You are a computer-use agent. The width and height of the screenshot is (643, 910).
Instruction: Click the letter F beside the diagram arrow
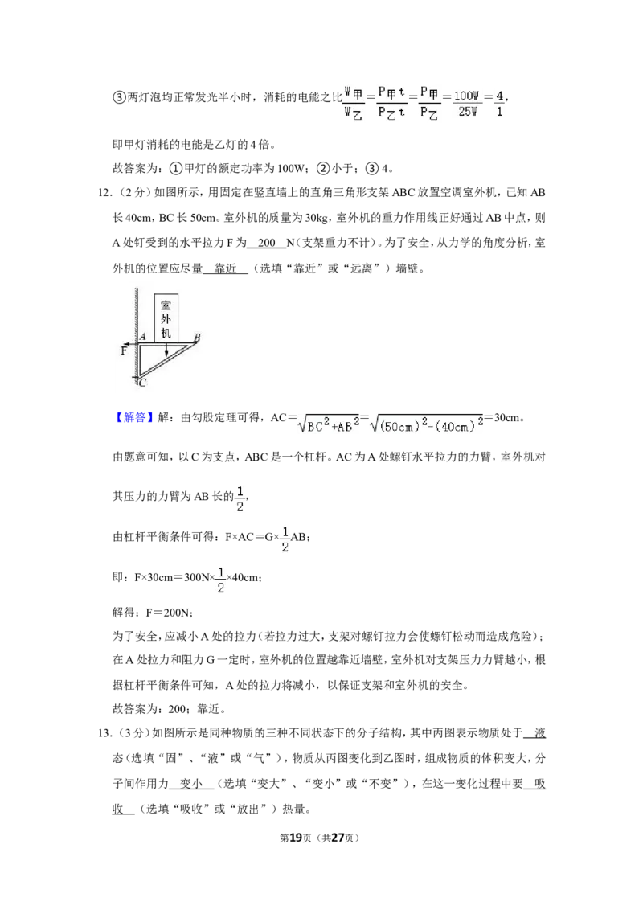(x=124, y=350)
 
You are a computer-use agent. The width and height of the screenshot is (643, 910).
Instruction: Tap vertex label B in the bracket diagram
(x=197, y=338)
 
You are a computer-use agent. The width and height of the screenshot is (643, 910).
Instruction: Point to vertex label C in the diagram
(x=142, y=383)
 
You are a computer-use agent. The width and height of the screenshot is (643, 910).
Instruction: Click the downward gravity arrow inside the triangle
(x=166, y=348)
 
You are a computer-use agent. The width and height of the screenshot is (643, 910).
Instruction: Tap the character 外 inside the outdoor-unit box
(x=166, y=318)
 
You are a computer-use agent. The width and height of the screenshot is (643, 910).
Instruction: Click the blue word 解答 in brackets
(x=134, y=417)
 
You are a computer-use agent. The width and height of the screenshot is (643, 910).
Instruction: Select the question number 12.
(x=104, y=193)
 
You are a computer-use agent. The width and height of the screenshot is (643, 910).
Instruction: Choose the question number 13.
(x=104, y=733)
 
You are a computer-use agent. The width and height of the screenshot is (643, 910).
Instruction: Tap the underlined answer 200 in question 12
(x=266, y=243)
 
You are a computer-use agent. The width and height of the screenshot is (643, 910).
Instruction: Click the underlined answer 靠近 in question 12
(x=226, y=268)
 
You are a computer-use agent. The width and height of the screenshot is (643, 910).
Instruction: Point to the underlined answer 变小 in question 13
(x=191, y=784)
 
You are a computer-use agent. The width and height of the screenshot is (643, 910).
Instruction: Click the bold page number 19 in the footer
(x=296, y=837)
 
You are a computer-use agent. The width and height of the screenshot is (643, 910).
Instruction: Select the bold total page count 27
(x=338, y=837)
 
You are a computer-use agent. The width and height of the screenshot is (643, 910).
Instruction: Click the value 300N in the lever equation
(x=196, y=577)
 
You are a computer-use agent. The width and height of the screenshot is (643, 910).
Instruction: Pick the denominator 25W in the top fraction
(x=468, y=112)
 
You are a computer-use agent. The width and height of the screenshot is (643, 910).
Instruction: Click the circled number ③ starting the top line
(x=118, y=97)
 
